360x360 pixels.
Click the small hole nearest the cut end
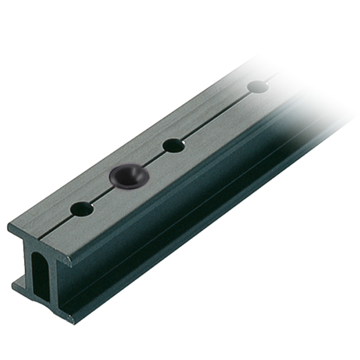pyautogui.click(x=83, y=209)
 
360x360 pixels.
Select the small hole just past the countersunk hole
pyautogui.click(x=173, y=145)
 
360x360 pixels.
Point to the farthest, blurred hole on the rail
pyautogui.click(x=258, y=85)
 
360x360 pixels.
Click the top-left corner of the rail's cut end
pyautogui.click(x=9, y=225)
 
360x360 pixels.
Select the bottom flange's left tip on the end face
pyautogui.click(x=13, y=283)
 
